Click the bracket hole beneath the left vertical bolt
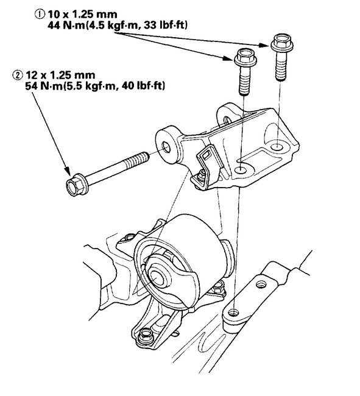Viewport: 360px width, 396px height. (242, 169)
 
